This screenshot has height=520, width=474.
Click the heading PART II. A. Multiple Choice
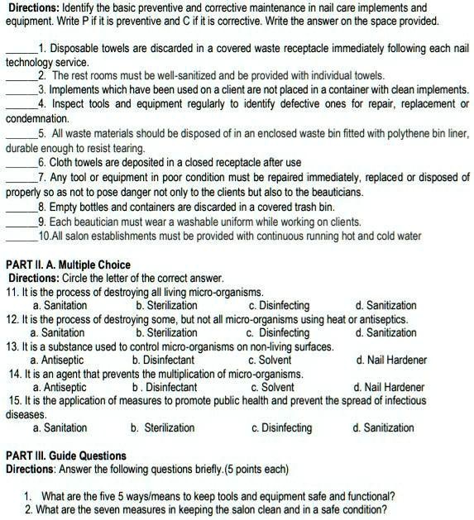[x=67, y=264]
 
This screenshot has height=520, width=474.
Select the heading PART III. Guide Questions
[x=66, y=456]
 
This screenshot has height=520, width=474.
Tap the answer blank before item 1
[x=22, y=49]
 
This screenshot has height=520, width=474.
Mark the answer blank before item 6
[x=22, y=162]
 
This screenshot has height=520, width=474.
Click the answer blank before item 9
[x=22, y=222]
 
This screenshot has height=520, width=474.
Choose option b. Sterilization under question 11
[x=166, y=305]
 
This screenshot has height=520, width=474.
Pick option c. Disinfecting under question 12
[x=279, y=332]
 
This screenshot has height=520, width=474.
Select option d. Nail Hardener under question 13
[x=391, y=360]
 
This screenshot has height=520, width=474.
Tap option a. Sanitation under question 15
[x=60, y=427]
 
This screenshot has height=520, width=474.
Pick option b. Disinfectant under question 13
[x=163, y=360]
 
